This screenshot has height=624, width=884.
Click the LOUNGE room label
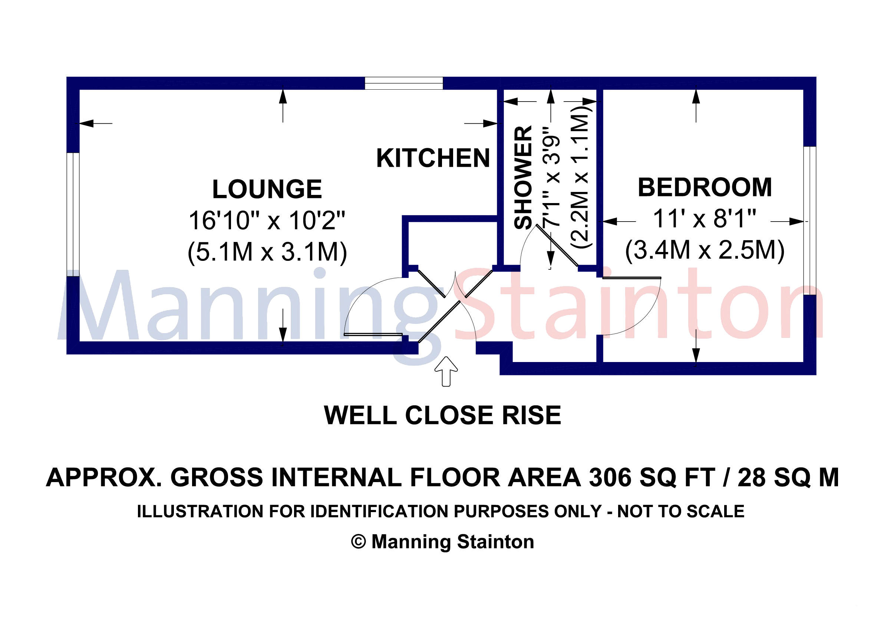pyautogui.click(x=267, y=189)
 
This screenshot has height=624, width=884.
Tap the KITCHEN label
pyautogui.click(x=433, y=158)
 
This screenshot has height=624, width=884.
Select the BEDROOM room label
pyautogui.click(x=705, y=187)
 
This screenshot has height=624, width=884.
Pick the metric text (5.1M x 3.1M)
pyautogui.click(x=267, y=252)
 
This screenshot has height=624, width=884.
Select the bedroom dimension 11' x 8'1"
pyautogui.click(x=704, y=219)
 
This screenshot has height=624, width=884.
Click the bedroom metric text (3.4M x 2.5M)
pyautogui.click(x=705, y=250)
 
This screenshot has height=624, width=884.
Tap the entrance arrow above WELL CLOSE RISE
pyautogui.click(x=446, y=371)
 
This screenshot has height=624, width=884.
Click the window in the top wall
pyautogui.click(x=404, y=83)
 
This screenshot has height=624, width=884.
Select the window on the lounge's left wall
pyautogui.click(x=73, y=214)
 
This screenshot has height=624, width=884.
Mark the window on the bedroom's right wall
pyautogui.click(x=810, y=220)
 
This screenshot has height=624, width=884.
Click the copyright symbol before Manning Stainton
pyautogui.click(x=359, y=542)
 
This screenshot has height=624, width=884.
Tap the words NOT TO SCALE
pyautogui.click(x=681, y=511)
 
